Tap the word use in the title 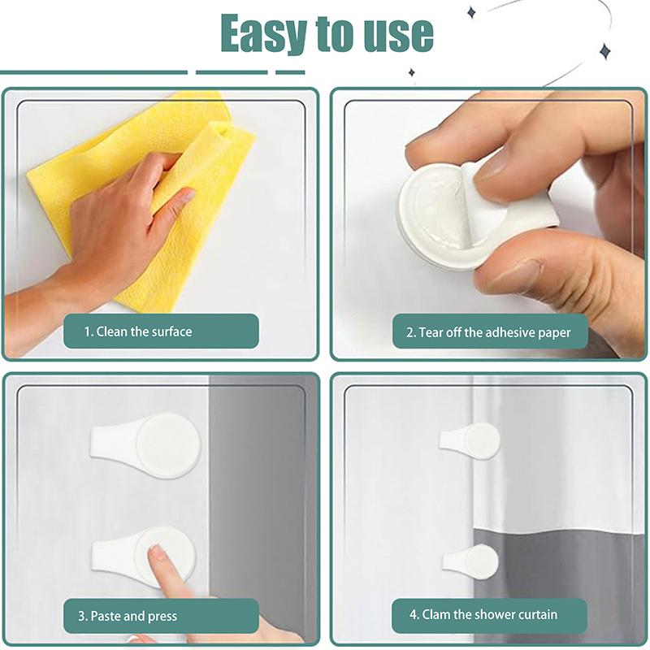click(x=396, y=34)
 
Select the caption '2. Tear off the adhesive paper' click(x=488, y=332)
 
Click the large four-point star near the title click(x=604, y=52)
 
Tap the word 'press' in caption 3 click(x=162, y=616)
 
